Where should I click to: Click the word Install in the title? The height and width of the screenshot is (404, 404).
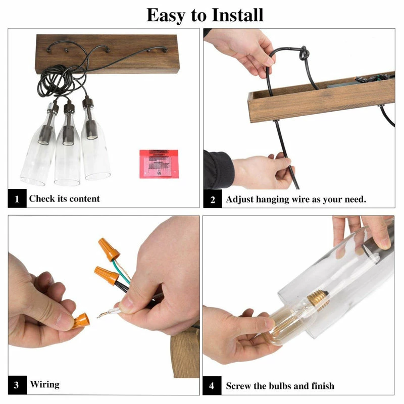[x=237, y=15]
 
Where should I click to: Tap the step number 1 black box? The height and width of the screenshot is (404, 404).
[x=17, y=198]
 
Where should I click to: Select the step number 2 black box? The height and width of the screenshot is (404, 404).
[x=213, y=198]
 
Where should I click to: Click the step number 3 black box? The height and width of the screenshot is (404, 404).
[x=17, y=385]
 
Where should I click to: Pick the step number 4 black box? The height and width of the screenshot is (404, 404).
[x=212, y=385]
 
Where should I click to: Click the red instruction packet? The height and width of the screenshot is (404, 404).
[x=159, y=164]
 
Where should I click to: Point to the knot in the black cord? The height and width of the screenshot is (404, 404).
[x=305, y=54]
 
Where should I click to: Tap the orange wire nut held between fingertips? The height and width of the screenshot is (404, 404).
[x=81, y=321]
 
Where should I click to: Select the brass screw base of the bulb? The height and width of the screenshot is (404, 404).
[x=319, y=300]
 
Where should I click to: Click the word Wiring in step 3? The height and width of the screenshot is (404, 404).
[x=45, y=385]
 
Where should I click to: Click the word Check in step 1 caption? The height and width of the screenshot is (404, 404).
[x=41, y=198]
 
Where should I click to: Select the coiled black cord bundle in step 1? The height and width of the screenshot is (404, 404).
[x=56, y=81]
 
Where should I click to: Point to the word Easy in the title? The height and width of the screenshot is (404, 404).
[x=166, y=16]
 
